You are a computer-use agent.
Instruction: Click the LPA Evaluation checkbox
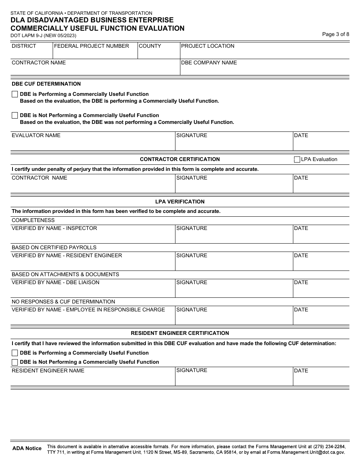(x=297, y=160)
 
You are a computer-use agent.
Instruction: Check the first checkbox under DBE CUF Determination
(x=15, y=94)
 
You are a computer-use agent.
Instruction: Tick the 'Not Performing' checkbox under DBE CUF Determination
(x=15, y=116)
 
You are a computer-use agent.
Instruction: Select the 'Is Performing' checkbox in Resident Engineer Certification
(x=15, y=353)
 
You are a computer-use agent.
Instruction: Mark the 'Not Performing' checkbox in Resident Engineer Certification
(x=15, y=362)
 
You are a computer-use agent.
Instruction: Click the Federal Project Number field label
(x=91, y=46)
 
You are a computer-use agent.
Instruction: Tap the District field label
(x=24, y=46)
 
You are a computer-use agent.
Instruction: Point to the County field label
(x=150, y=46)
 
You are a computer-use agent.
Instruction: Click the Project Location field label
(x=208, y=46)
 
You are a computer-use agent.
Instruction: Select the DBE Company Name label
(x=209, y=63)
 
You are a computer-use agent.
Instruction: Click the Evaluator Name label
(x=36, y=135)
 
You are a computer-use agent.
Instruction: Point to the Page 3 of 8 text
(x=335, y=34)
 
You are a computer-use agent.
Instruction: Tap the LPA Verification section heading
(x=180, y=202)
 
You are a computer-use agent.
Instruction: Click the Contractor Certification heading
(x=180, y=159)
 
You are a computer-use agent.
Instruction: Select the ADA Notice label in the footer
(x=27, y=448)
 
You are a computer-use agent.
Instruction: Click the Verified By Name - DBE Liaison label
(x=55, y=282)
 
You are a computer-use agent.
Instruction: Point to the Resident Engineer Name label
(x=48, y=371)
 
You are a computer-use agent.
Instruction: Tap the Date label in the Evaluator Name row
(x=301, y=135)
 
